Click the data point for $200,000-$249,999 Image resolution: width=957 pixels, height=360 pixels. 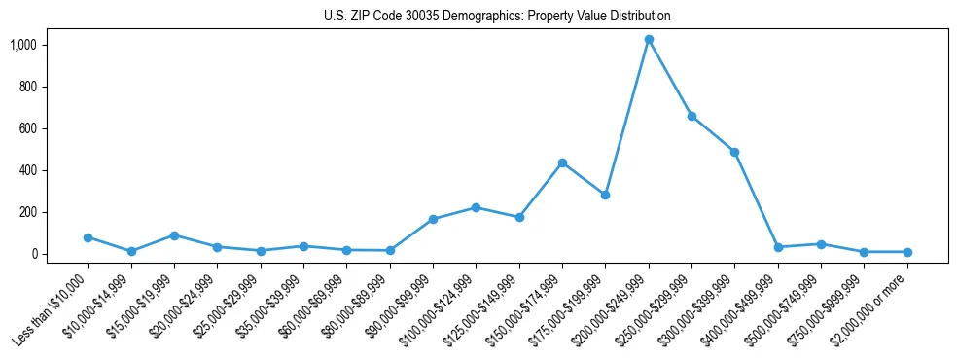tap(649, 40)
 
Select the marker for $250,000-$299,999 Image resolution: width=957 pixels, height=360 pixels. tap(691, 116)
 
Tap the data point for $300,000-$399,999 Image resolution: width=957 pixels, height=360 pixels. tap(734, 152)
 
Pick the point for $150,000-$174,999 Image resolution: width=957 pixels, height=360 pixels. tap(562, 162)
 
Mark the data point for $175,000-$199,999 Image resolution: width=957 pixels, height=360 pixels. tap(605, 195)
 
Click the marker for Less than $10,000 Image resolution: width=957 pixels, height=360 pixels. tap(89, 237)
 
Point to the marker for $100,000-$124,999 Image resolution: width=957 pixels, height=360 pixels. tap(476, 207)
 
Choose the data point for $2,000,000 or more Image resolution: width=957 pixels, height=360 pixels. tap(906, 252)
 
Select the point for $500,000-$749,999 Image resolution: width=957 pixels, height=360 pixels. tap(821, 244)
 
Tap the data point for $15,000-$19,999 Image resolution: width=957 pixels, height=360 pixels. tap(174, 235)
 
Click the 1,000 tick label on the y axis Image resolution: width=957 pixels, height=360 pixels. tap(51, 45)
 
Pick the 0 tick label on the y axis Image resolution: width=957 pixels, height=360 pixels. tap(61, 254)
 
